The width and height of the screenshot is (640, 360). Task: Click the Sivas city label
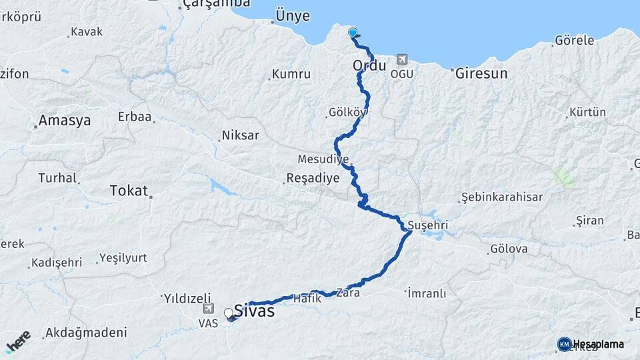(254, 310)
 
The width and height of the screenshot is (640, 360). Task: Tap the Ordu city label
(369, 66)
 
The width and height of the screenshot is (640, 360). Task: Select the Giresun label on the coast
(481, 73)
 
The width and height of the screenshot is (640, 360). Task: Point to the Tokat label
(129, 191)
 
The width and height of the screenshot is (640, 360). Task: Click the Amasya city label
(65, 121)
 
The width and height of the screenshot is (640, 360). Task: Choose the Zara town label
(349, 292)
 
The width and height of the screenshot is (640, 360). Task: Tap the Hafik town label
(307, 299)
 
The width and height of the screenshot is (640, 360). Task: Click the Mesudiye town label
(323, 160)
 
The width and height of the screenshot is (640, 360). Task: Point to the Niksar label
(241, 135)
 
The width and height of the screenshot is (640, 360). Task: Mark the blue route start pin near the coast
(353, 33)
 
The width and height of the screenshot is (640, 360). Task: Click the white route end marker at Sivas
(229, 313)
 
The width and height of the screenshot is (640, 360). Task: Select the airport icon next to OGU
(402, 59)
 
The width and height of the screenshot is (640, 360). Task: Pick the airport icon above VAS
(209, 309)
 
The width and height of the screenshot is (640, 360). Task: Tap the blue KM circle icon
(564, 344)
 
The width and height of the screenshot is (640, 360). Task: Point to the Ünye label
(294, 15)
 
